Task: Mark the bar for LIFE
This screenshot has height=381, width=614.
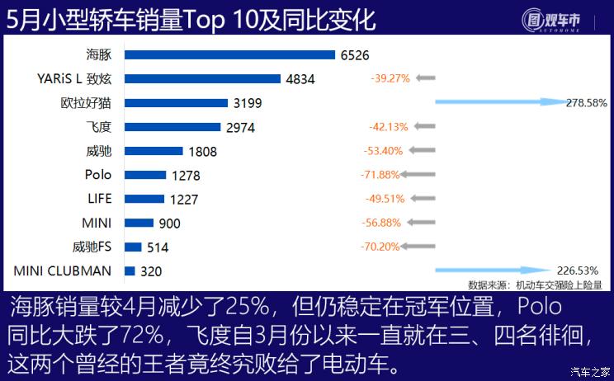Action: click(x=144, y=199)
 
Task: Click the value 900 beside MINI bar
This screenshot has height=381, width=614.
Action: click(x=170, y=223)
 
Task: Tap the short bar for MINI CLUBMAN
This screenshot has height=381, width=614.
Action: click(x=130, y=270)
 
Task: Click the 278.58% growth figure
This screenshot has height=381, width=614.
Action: click(x=587, y=103)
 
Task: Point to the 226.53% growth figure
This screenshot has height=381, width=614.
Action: click(x=577, y=270)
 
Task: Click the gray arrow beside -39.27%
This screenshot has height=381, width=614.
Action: click(x=425, y=78)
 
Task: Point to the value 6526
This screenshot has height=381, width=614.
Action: click(x=354, y=55)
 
